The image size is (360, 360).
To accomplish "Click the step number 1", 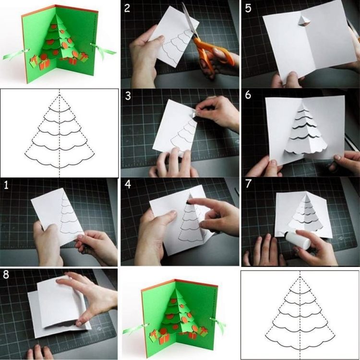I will click(6, 185).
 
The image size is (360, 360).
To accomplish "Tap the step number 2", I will click(127, 8).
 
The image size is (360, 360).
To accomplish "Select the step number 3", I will click(127, 96).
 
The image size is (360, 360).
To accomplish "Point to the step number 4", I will click(127, 185).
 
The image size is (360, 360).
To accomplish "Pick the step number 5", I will click(248, 8).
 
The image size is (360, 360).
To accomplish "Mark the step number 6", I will click(248, 95).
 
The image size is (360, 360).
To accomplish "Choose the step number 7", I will click(248, 185).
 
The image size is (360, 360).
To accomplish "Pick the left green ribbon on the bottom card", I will click(133, 330).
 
